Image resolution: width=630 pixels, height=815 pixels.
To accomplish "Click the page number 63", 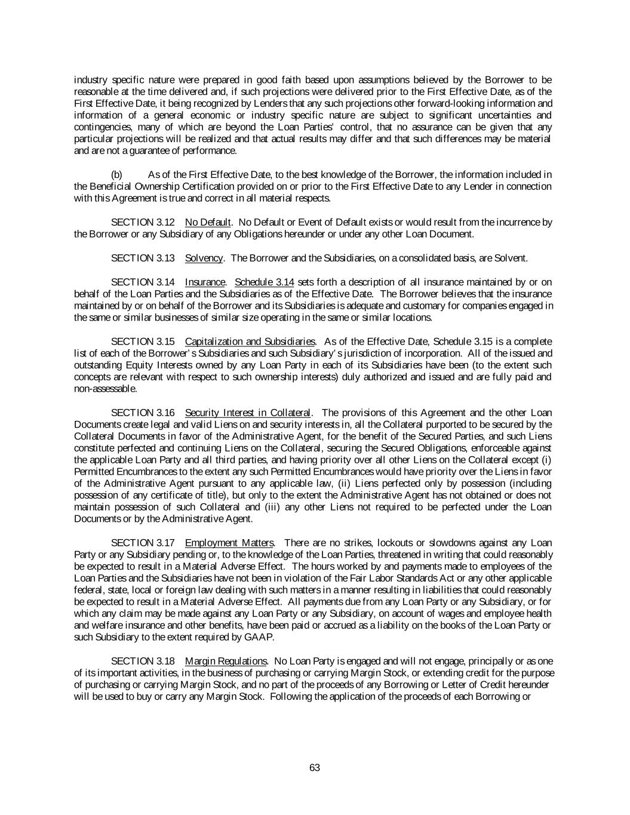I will point(315,768).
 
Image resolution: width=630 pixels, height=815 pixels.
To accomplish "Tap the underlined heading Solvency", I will point(204,259).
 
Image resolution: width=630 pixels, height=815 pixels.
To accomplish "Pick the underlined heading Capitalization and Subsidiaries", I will point(250,342).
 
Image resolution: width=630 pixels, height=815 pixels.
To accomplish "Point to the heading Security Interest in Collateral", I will point(248,413).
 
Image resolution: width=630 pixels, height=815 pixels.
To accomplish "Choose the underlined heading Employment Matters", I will point(229,543).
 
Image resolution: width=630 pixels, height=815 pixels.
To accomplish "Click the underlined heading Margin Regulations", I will point(226,662).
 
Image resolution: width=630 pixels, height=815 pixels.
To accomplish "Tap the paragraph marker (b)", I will point(117,175).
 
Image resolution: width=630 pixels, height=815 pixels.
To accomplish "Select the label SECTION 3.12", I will point(143,223).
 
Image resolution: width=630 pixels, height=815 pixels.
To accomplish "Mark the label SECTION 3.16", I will point(143,413).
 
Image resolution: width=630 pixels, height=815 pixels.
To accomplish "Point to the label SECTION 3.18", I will point(143,662).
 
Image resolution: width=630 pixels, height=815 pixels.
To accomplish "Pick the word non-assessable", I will point(105,389).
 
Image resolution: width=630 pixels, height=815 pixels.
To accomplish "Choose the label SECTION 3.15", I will point(143,342).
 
